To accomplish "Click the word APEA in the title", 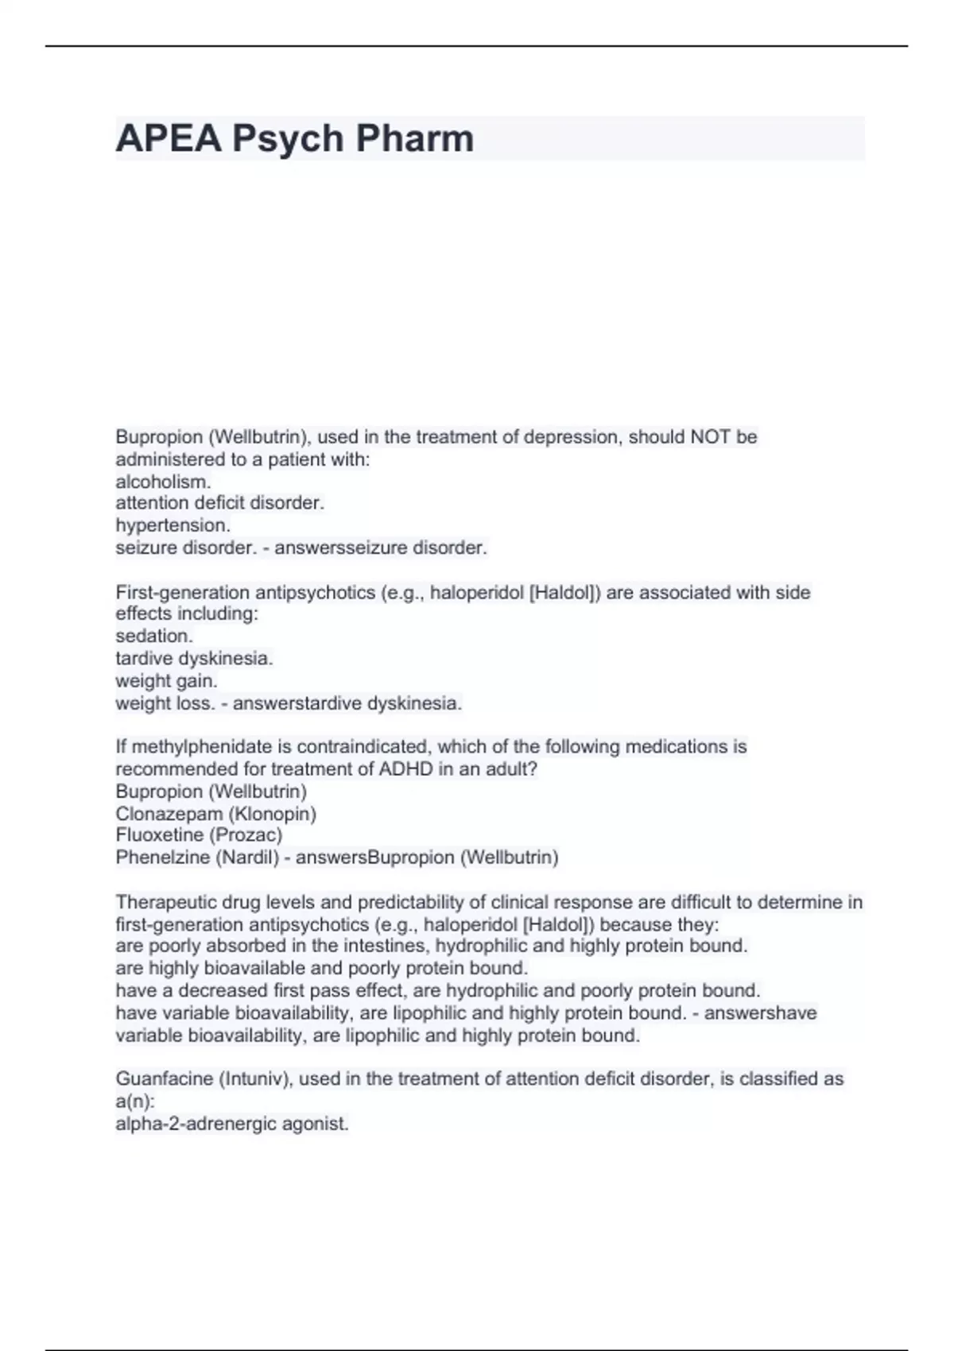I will point(168,138).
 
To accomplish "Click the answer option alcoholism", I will point(163,482).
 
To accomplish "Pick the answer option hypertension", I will point(173,525).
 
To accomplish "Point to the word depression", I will point(560,437).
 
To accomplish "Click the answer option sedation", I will point(154,636).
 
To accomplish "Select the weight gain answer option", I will point(166,681).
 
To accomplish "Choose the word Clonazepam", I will point(169,814).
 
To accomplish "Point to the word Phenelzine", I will point(162,857).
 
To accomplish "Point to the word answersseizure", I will point(341,548).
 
